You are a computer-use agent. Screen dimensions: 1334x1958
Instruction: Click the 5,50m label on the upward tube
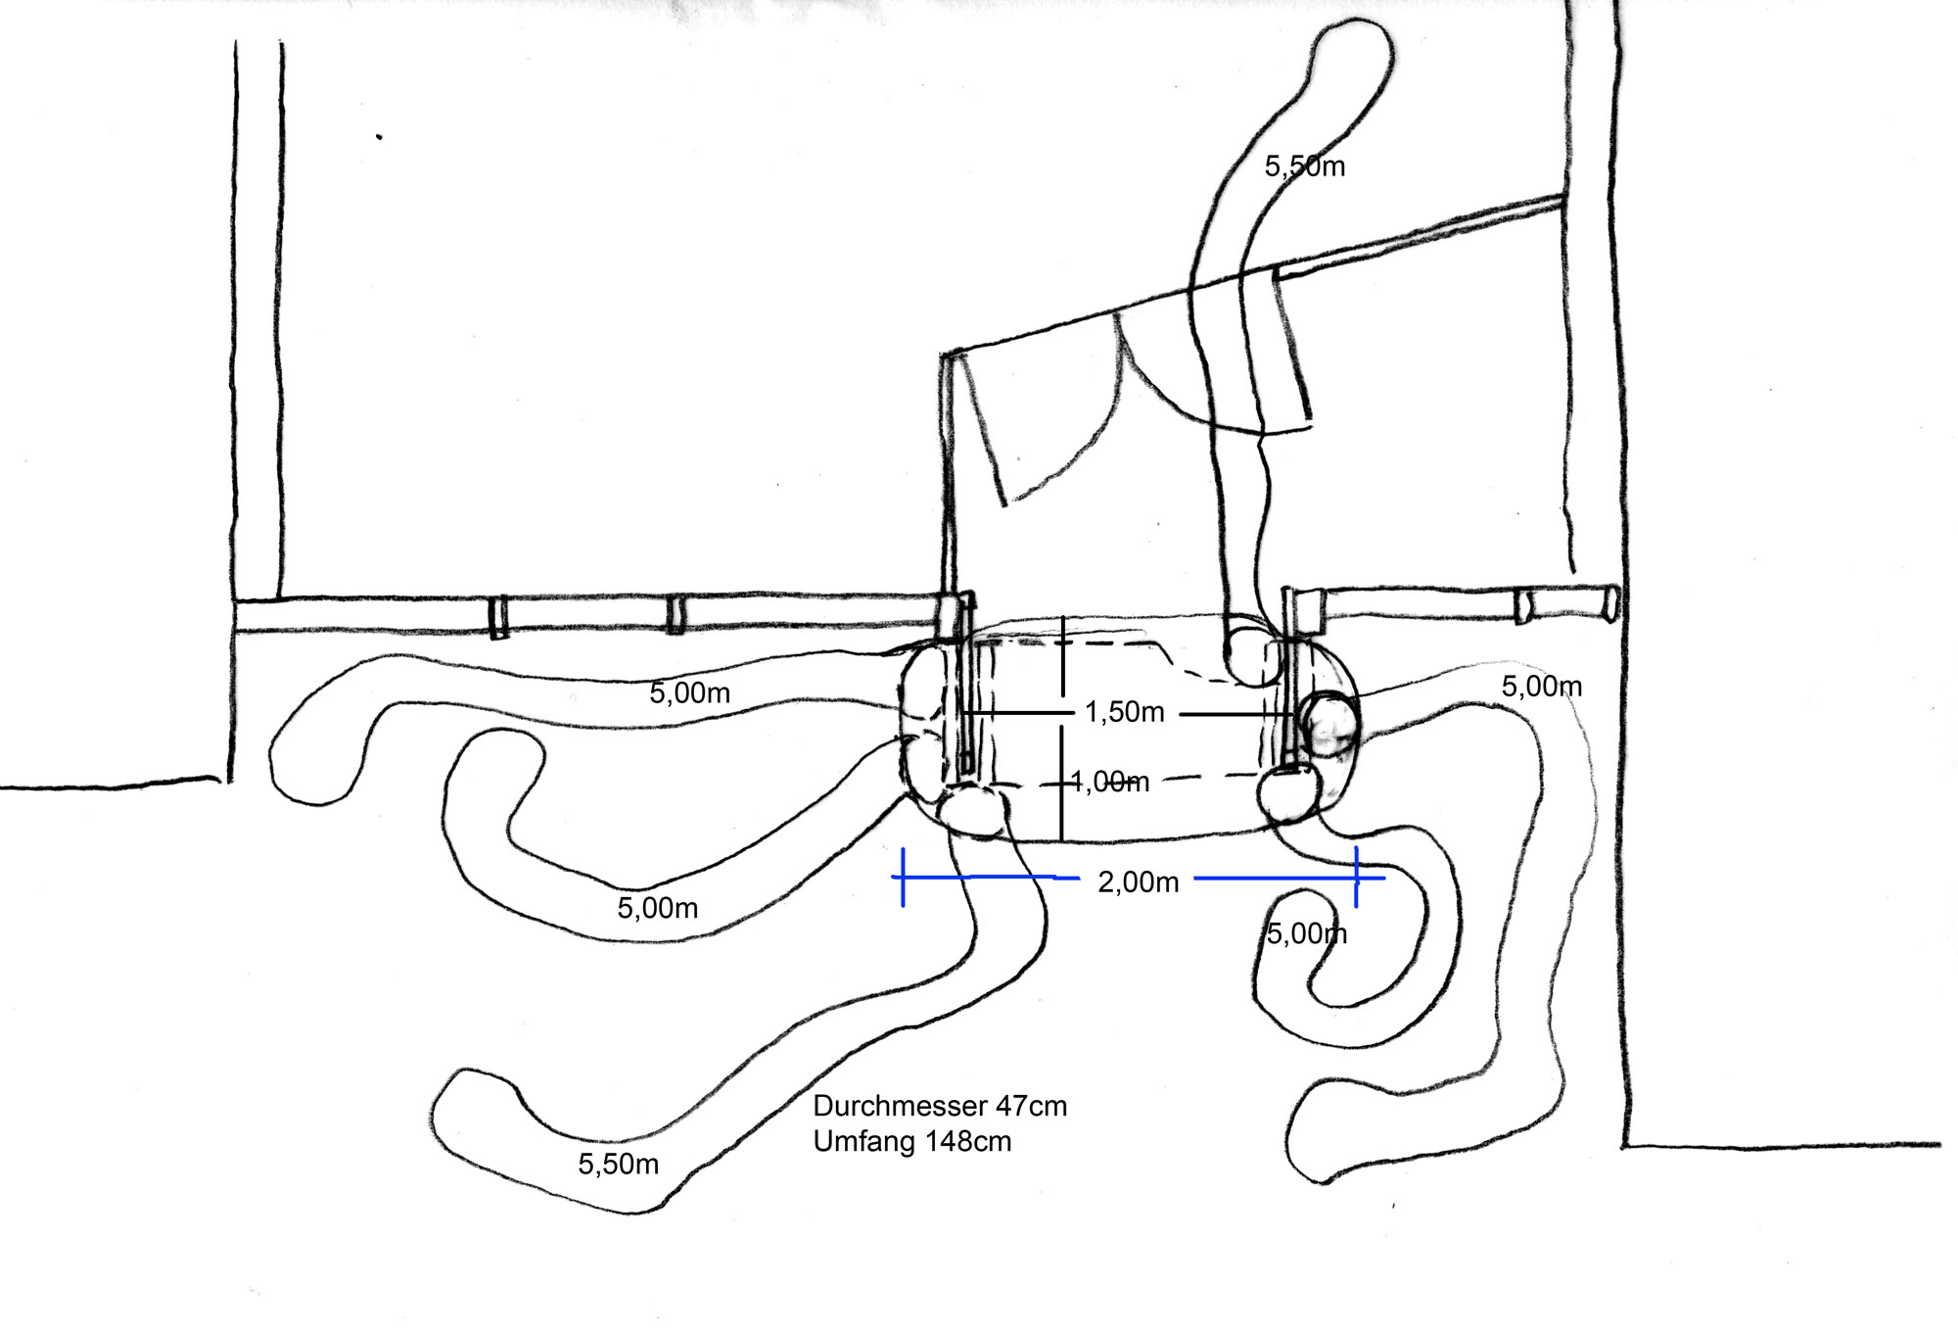click(x=1304, y=167)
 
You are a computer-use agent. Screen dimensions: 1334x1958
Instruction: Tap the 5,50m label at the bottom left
click(x=618, y=1165)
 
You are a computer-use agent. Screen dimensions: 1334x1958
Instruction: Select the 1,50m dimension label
click(x=1124, y=712)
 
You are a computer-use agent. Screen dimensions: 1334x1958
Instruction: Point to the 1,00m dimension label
click(x=1109, y=782)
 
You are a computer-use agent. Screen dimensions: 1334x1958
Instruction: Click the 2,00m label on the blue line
click(x=1138, y=882)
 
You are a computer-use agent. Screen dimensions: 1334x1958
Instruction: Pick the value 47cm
click(x=1031, y=1107)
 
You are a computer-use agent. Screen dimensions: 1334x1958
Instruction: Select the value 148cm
click(x=968, y=1142)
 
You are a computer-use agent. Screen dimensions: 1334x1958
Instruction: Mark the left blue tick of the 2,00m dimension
click(x=903, y=878)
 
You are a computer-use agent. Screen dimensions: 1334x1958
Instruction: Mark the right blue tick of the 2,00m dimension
click(x=1356, y=878)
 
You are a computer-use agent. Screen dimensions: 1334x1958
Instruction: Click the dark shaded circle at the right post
click(x=1329, y=725)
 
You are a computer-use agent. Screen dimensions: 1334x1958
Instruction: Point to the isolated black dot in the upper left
click(x=379, y=137)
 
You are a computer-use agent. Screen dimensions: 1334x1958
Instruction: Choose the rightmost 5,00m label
click(x=1541, y=687)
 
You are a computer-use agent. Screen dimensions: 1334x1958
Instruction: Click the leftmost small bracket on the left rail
click(x=498, y=616)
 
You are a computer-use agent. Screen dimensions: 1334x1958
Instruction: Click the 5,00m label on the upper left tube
click(x=689, y=693)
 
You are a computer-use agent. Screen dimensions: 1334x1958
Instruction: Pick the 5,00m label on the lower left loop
click(x=657, y=909)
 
